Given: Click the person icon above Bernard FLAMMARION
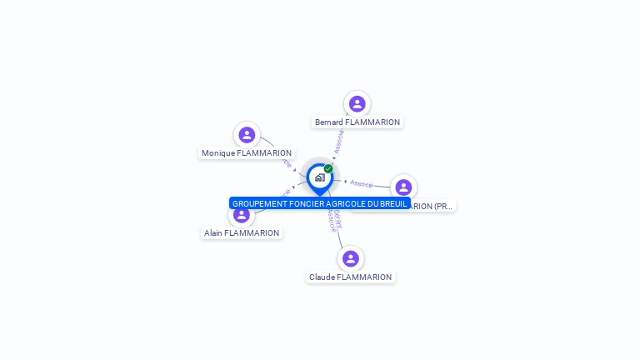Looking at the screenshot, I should click(357, 104).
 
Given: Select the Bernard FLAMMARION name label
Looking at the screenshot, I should click(357, 122).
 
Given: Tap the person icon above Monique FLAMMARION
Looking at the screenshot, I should click(247, 135).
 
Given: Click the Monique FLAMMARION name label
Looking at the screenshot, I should click(247, 153).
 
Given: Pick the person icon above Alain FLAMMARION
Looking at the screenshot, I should click(242, 215).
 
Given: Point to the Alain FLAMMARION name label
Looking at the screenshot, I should click(242, 233).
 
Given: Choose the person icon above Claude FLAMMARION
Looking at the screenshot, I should click(351, 258).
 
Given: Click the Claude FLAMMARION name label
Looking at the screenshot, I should click(351, 277).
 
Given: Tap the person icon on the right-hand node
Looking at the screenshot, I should click(403, 187).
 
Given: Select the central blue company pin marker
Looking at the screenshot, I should click(319, 178).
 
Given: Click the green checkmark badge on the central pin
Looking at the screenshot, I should click(328, 169).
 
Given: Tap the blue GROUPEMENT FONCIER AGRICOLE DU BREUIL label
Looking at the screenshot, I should click(319, 203).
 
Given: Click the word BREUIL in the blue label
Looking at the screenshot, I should click(392, 203).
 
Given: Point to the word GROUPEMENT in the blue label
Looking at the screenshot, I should click(257, 203).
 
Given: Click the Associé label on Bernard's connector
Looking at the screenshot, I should click(339, 142).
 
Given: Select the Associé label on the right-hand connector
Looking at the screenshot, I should click(362, 183).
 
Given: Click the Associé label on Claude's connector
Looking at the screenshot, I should click(333, 220).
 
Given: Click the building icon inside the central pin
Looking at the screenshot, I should click(319, 177).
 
